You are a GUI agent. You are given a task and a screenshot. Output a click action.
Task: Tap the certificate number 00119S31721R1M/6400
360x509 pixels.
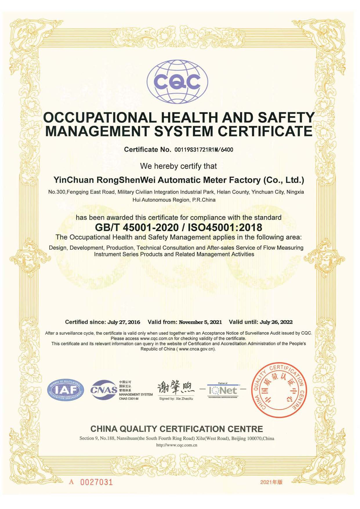pos(203,150)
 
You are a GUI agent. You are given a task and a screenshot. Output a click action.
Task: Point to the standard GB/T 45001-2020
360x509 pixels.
pos(137,227)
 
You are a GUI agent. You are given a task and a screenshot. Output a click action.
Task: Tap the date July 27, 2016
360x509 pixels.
pos(124,322)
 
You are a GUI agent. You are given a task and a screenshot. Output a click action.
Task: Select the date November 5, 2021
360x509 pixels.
pos(200,322)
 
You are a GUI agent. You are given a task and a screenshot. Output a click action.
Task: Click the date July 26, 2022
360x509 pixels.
pos(276,322)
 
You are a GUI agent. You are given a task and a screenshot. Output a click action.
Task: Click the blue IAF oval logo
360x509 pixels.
pos(66,390)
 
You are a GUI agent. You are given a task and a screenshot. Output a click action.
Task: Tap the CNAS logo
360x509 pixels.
pos(104,390)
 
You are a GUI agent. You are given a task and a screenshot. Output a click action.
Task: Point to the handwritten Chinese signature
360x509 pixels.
pos(176,388)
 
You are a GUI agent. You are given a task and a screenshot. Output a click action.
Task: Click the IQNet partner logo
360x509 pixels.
pos(223,390)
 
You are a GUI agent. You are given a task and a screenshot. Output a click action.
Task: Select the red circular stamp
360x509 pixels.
pos(278,390)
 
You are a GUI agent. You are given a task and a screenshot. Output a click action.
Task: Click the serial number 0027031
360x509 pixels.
pos(96,482)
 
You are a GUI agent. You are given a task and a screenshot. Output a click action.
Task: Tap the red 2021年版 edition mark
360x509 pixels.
pos(271,482)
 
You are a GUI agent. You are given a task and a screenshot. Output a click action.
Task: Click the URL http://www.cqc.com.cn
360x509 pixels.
pos(177,445)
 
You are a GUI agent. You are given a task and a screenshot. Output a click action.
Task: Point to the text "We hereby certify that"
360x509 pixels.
pos(178,166)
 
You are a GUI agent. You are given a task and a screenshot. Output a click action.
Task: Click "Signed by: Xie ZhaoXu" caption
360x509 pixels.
pos(176,399)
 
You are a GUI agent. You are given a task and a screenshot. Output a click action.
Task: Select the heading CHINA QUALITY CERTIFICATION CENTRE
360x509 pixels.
pos(177,429)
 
